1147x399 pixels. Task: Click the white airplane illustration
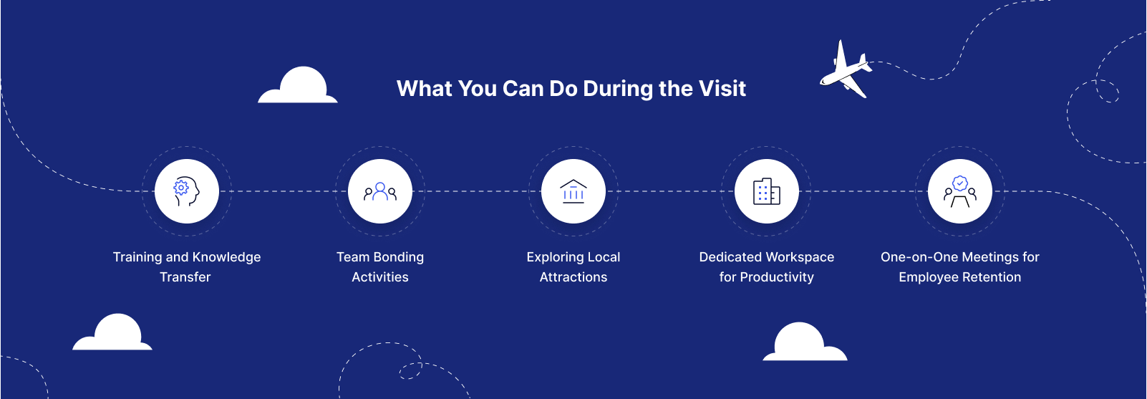click(x=845, y=69)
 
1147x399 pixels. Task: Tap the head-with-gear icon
click(x=186, y=191)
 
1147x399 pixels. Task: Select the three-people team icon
click(x=380, y=191)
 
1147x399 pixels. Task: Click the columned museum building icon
click(x=573, y=191)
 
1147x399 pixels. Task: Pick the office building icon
click(x=767, y=191)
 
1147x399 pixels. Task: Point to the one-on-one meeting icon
click(x=960, y=191)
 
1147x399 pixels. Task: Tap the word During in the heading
click(x=618, y=89)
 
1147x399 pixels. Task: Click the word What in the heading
click(x=425, y=89)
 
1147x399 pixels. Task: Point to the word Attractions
click(x=573, y=277)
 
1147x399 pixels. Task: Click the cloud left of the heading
click(x=298, y=85)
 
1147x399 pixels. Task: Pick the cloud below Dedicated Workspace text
click(x=805, y=342)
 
